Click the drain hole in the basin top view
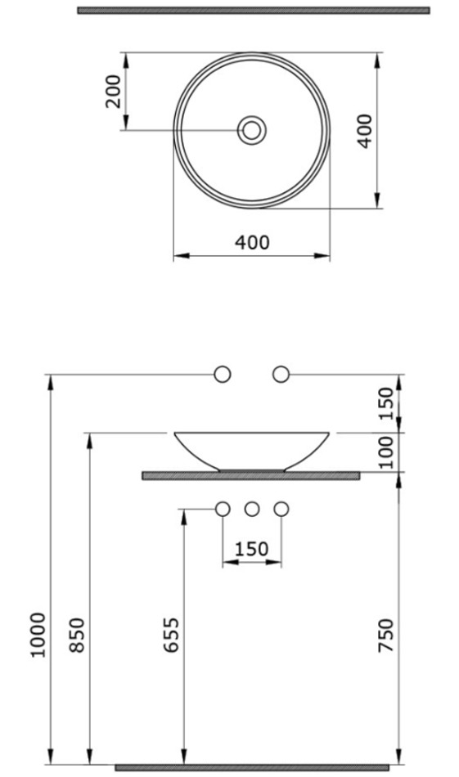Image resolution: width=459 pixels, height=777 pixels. (252, 130)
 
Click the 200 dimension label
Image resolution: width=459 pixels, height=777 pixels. (114, 91)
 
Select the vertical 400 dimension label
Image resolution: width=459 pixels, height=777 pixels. (365, 131)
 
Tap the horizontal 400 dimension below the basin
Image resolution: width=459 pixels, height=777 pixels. (252, 242)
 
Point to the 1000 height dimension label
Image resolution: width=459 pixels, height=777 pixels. (38, 635)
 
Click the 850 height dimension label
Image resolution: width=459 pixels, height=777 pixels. (76, 635)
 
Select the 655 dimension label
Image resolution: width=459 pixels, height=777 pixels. (171, 635)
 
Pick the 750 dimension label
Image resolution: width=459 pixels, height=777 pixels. (385, 635)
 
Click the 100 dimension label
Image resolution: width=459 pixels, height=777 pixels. (385, 452)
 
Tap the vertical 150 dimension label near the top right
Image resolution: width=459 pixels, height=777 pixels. (385, 404)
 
